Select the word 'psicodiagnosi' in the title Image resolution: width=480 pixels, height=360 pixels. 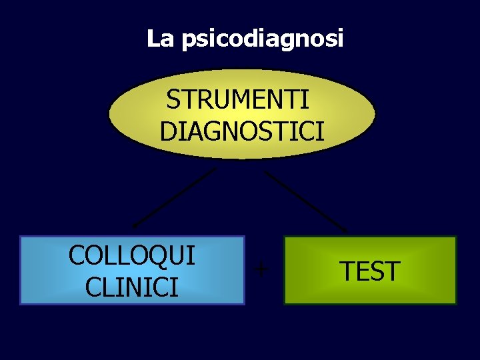tap(262, 40)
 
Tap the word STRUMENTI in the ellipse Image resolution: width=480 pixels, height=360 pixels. tap(237, 100)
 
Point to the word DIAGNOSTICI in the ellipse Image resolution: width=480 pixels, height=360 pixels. tap(242, 131)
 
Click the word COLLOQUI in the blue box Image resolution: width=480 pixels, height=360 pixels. tap(132, 255)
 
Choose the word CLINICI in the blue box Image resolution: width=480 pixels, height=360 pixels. tap(132, 287)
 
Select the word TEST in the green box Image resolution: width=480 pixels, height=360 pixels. tap(369, 271)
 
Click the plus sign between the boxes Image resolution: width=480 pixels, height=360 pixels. tap(262, 269)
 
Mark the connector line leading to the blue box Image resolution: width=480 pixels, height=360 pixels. tap(175, 197)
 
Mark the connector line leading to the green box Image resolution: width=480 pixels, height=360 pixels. tap(306, 201)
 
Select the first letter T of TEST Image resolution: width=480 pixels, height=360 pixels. tap(347, 271)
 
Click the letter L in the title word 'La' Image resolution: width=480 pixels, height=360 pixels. tap(153, 39)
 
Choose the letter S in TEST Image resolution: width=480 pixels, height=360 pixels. tap(377, 271)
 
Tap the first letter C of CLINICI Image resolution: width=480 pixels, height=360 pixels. tap(94, 287)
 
